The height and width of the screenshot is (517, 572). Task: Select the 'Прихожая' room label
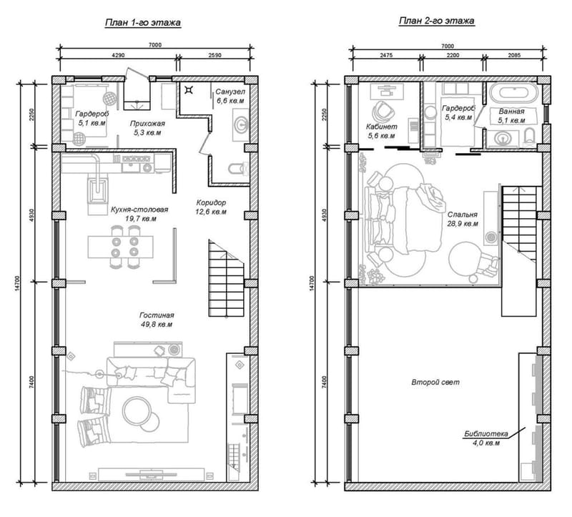click(147, 123)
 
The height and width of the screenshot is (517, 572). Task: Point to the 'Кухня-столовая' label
click(139, 210)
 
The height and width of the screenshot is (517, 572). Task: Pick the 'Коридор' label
click(211, 202)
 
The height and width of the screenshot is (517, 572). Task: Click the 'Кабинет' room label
click(381, 126)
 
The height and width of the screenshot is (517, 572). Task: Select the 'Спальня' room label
click(463, 214)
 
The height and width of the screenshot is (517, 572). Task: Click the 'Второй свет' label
click(435, 383)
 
